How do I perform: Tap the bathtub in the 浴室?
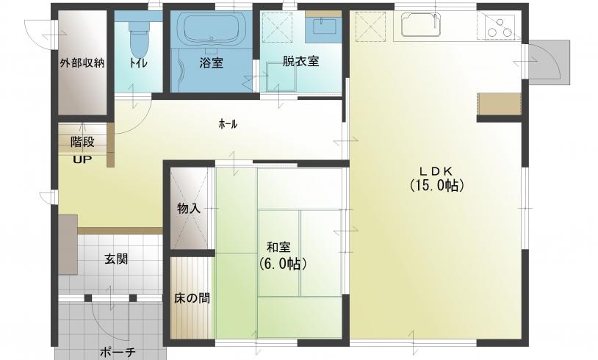click(x=212, y=31)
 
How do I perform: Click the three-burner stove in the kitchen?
click(x=500, y=26)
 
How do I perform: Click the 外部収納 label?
click(x=82, y=63)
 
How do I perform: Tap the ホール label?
click(x=228, y=124)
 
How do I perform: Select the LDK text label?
click(x=436, y=170)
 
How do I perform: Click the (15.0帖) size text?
click(x=437, y=185)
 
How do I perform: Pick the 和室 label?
click(x=278, y=248)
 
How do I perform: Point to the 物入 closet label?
click(x=189, y=209)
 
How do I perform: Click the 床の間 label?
click(x=192, y=298)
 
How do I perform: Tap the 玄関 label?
click(x=116, y=259)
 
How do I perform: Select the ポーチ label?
click(x=118, y=352)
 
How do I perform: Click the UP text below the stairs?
click(x=82, y=159)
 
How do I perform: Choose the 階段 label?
click(x=82, y=143)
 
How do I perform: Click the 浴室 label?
click(x=211, y=63)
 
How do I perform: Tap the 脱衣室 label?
click(x=300, y=62)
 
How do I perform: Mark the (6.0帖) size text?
click(x=282, y=264)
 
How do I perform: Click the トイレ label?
click(x=138, y=62)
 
